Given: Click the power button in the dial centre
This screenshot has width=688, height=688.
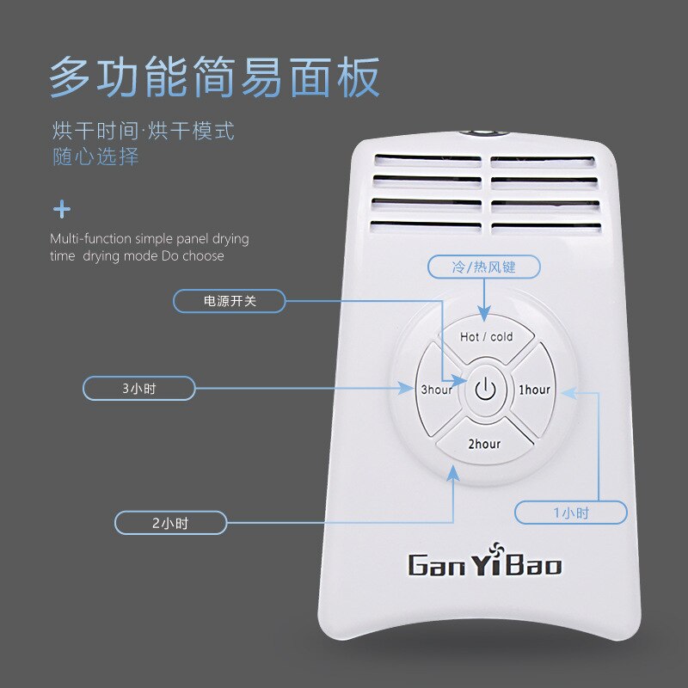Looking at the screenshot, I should [x=486, y=390].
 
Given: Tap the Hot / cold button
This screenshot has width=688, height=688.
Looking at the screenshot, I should [x=486, y=336].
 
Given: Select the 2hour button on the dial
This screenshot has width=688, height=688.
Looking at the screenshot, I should [x=483, y=444].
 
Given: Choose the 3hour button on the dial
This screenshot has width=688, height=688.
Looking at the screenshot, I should [x=436, y=390].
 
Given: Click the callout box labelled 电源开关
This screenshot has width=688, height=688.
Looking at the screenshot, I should [x=230, y=301].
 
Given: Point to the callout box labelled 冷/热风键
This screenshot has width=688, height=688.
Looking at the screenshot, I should [x=484, y=267].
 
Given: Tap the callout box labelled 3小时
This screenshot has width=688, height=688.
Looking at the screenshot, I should [x=138, y=389].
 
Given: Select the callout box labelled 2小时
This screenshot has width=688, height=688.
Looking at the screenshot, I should [x=170, y=523].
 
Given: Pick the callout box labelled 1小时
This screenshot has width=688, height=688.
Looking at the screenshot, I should [x=571, y=513].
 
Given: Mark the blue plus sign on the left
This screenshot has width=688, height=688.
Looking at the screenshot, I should [x=62, y=209].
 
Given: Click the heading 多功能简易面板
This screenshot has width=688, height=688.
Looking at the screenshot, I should [x=214, y=78].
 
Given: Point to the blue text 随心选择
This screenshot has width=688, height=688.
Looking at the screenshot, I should [x=95, y=157].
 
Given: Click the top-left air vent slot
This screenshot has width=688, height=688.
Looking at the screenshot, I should [x=427, y=161].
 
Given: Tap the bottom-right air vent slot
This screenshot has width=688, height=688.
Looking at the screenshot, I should [x=544, y=227].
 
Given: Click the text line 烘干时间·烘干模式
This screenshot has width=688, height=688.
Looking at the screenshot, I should [x=142, y=132].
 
